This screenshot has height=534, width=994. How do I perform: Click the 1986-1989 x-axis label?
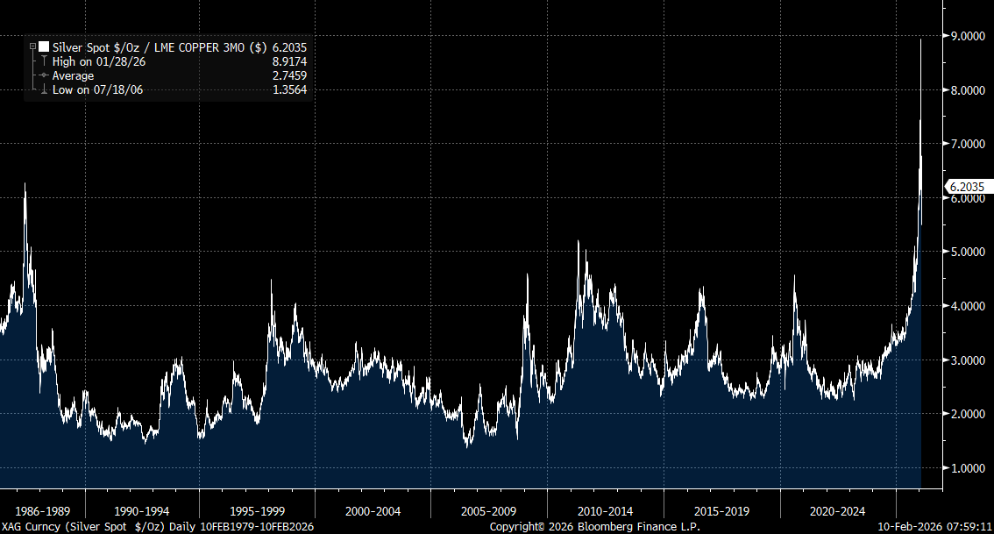click(42, 510)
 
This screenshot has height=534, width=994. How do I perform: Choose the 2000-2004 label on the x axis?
click(373, 510)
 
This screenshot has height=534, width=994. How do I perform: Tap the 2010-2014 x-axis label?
click(605, 510)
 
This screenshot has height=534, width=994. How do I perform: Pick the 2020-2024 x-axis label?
click(837, 510)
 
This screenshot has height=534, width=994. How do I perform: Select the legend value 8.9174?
click(289, 61)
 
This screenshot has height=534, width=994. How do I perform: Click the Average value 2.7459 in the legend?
click(289, 76)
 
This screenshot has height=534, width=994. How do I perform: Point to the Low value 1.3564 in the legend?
click(289, 89)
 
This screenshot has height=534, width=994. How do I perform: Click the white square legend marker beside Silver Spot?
click(44, 47)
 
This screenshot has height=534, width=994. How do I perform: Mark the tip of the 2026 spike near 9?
click(920, 39)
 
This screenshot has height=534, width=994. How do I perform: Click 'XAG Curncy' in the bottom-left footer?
click(30, 527)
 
